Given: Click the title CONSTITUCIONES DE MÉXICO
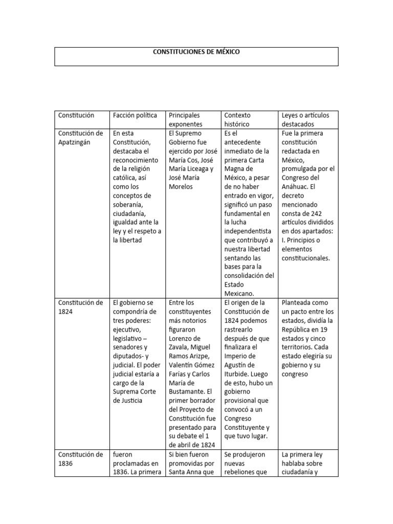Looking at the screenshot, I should point(196,52).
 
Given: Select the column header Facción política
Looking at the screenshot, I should point(135,115).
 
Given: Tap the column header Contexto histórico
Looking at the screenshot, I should point(237,120).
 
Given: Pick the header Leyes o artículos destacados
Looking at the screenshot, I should point(305,120).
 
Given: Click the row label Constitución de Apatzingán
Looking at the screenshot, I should point(80,138).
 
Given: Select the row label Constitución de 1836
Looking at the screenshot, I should point(80,459).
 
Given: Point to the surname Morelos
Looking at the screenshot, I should point(181,187).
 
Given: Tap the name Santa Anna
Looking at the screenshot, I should point(191,472).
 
